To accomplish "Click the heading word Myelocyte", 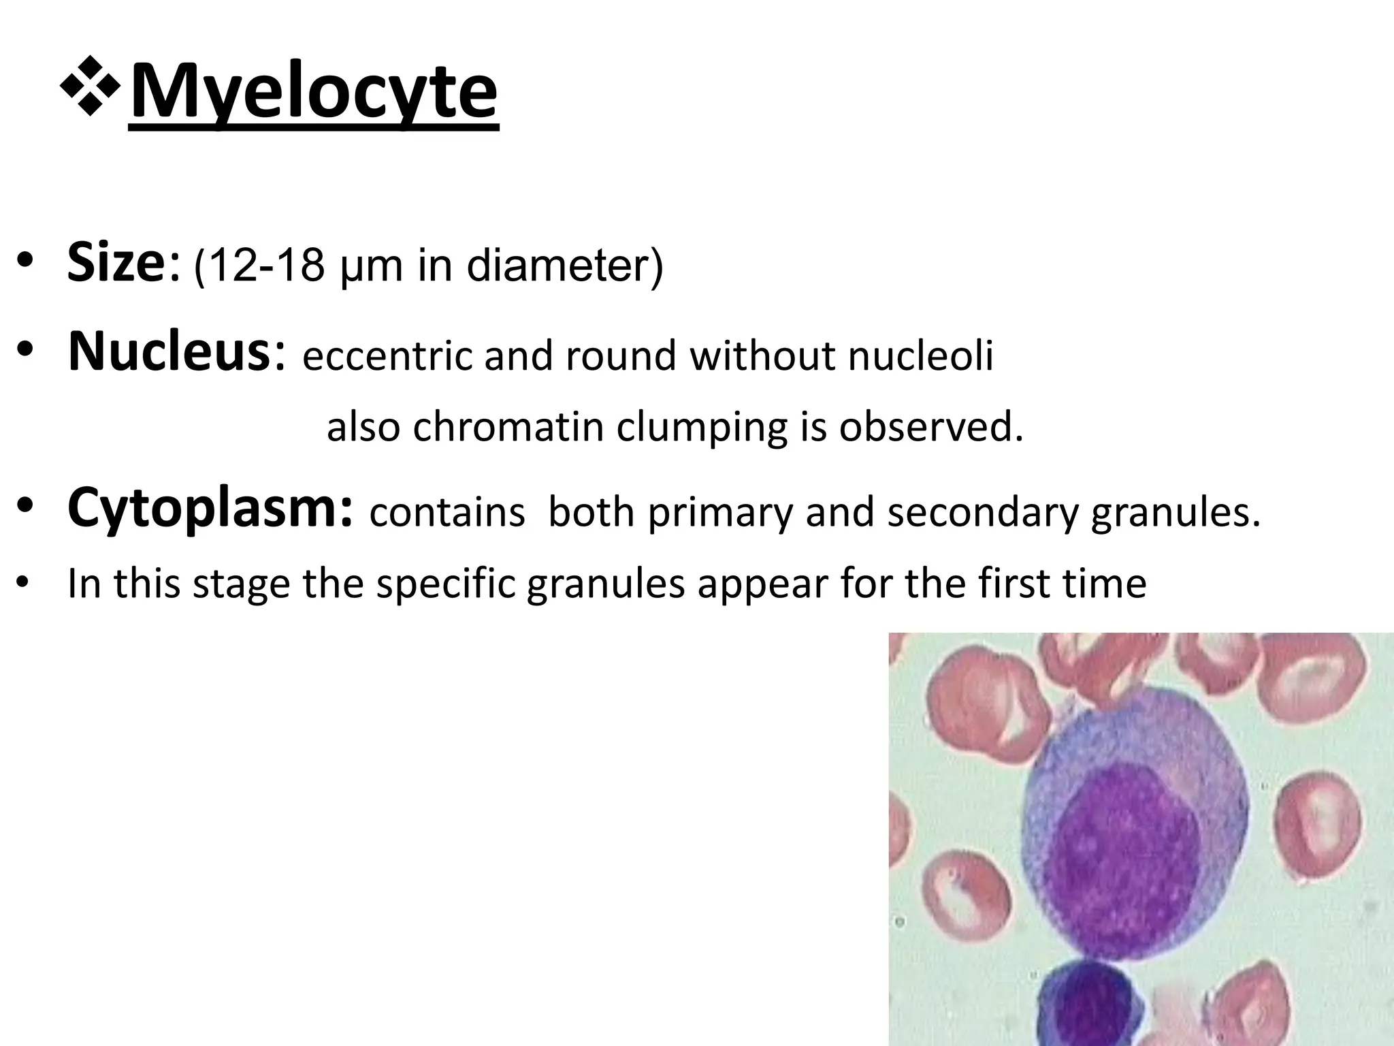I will tap(313, 92).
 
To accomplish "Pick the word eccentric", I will tap(387, 357).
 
